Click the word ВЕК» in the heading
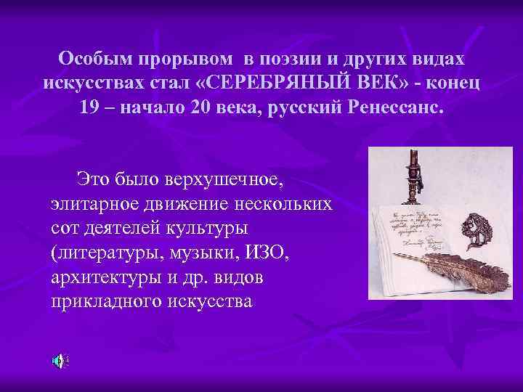pyautogui.click(x=360, y=83)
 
